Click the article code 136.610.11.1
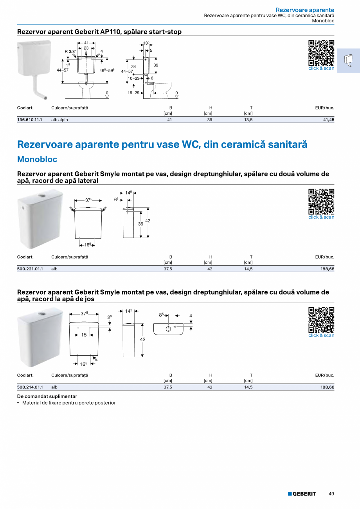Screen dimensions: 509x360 (x=30, y=120)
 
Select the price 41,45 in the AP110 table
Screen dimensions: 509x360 (x=328, y=120)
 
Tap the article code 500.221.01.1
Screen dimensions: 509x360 (x=30, y=269)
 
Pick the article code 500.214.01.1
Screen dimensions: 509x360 (x=30, y=387)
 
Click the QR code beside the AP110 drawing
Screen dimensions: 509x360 (x=321, y=53)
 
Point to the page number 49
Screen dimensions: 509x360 (x=331, y=494)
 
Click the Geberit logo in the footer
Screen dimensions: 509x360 (x=302, y=494)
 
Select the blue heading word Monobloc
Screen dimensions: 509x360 (x=37, y=159)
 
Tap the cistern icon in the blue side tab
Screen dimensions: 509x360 (x=348, y=60)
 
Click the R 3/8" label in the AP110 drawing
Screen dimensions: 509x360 (x=70, y=51)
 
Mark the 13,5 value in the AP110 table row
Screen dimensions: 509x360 (x=248, y=120)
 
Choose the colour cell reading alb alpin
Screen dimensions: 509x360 (x=59, y=120)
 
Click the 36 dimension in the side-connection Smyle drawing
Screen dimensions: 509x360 (x=140, y=224)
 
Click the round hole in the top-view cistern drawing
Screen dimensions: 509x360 (x=168, y=329)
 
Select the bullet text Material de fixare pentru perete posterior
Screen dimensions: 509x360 (x=69, y=403)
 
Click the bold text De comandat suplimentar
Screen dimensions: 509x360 (x=47, y=396)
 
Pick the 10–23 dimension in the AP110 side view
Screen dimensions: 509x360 (x=134, y=78)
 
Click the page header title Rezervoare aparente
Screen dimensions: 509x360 (x=305, y=10)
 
